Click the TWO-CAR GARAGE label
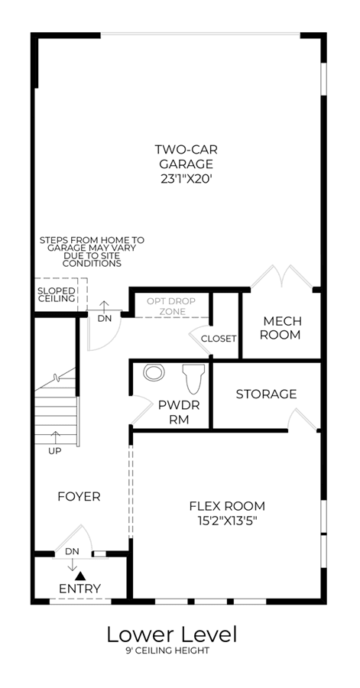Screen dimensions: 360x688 (186, 157)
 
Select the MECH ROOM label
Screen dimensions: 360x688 (281, 327)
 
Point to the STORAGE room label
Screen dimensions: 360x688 (266, 394)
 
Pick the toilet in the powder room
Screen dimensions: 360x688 (193, 378)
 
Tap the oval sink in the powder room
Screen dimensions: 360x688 (154, 372)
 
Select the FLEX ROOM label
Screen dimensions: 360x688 (227, 506)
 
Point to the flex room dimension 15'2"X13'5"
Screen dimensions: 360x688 (227, 521)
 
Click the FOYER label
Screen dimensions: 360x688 (79, 496)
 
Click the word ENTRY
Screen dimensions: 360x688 (79, 589)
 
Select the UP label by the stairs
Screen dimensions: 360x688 (55, 450)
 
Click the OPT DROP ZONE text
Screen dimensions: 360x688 (171, 307)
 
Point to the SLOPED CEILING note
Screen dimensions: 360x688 (56, 295)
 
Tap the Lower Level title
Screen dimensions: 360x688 (172, 634)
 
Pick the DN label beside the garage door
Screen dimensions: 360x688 (105, 319)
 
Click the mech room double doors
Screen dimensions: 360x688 (281, 277)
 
